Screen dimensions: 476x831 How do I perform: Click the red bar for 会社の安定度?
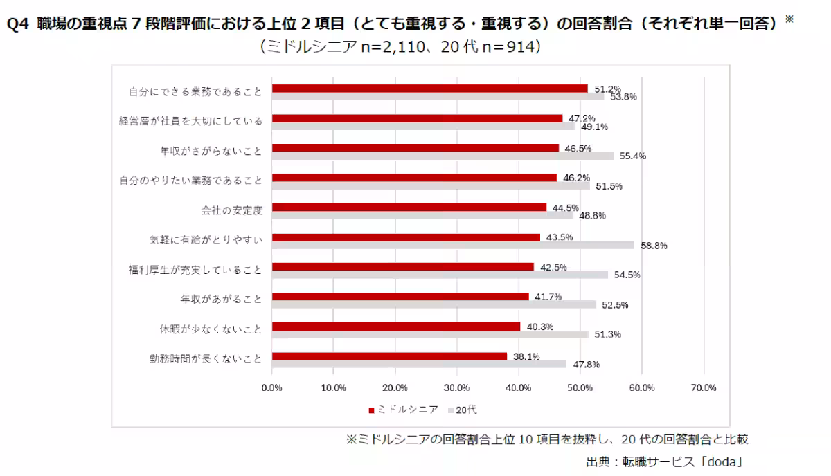[x=409, y=208]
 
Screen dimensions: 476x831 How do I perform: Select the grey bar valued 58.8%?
[x=452, y=245]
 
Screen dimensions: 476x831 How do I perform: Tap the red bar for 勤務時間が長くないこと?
[x=389, y=356]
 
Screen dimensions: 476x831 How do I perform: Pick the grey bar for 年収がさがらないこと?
[x=442, y=156]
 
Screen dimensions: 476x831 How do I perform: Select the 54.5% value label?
[x=626, y=275]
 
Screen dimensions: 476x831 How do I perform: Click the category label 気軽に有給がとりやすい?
[x=206, y=240]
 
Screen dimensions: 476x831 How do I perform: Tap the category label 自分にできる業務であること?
[x=195, y=91]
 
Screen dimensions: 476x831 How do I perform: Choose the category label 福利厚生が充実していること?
[x=195, y=270]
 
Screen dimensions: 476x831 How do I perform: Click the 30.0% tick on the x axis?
[x=457, y=387]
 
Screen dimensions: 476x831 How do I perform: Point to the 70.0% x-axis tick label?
[x=704, y=387]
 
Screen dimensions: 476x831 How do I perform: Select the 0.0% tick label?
[x=272, y=387]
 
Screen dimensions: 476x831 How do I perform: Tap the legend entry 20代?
[x=466, y=409]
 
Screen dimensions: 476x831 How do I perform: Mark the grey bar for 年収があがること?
[x=434, y=304]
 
